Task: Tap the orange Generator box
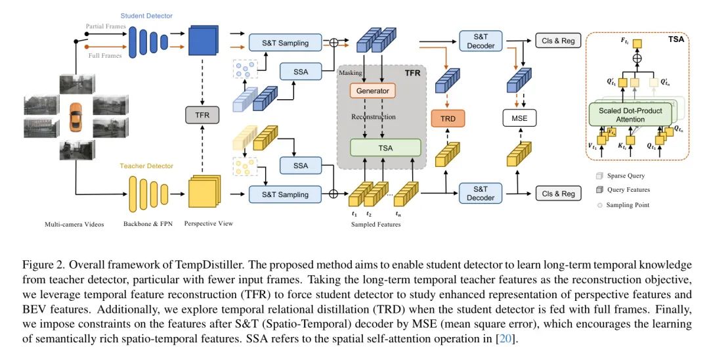(372, 91)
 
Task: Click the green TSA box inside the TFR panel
(385, 148)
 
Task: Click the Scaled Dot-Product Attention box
(630, 115)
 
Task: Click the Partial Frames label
(104, 26)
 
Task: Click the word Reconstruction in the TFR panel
(372, 116)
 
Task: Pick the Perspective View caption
(209, 224)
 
